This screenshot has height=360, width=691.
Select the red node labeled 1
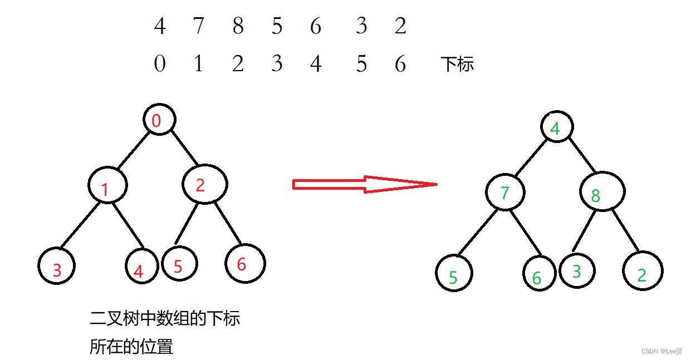pos(107,185)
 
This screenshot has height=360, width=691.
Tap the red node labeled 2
pos(204,185)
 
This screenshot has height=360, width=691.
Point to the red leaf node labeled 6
pos(245,263)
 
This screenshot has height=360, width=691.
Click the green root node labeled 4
pos(557,127)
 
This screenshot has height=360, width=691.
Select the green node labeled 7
pos(505,193)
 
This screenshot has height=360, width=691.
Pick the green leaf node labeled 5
pos(454,273)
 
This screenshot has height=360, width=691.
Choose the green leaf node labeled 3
pos(577,271)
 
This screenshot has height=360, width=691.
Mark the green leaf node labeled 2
pos(643,271)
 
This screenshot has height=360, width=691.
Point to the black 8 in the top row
pos(238,26)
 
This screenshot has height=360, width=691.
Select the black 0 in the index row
pos(160,65)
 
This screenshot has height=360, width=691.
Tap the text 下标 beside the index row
pos(457,65)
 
